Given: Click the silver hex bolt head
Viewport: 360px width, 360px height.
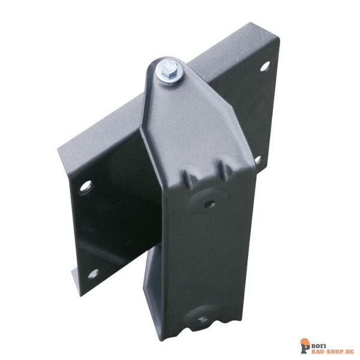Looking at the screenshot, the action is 170,68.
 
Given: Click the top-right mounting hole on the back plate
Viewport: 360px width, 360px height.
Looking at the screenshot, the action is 265,66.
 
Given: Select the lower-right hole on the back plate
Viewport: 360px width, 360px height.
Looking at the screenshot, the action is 258,160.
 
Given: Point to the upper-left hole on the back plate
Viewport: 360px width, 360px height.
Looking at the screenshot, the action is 86,186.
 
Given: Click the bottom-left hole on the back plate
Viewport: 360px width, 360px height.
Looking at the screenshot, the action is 94,274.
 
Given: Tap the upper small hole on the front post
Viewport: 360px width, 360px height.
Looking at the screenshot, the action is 209,203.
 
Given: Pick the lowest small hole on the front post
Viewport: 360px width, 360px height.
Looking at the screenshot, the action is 203,319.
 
